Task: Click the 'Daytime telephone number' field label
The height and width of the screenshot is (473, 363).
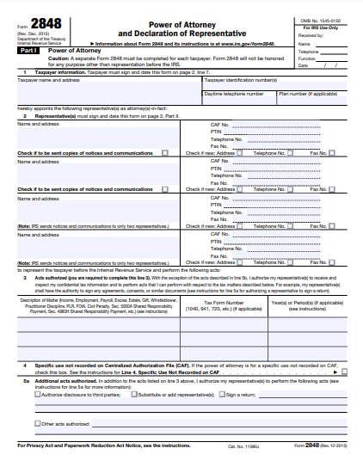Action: (234, 93)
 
